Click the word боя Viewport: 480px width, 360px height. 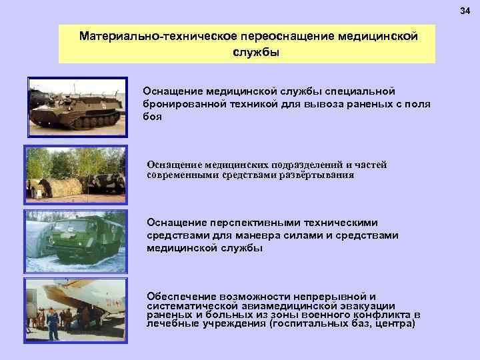(152, 116)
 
